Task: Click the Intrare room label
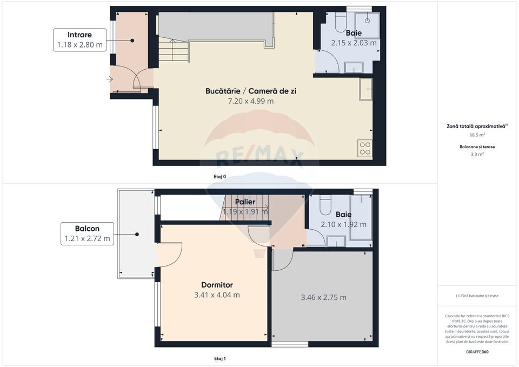(x=79, y=35)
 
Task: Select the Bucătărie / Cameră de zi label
(x=250, y=91)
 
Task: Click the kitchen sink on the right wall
(x=366, y=89)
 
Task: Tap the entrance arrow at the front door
(x=110, y=79)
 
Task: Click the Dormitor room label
(x=217, y=284)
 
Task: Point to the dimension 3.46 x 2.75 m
(x=323, y=297)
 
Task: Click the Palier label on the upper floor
(x=245, y=202)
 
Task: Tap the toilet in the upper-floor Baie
(x=325, y=206)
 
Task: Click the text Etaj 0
(x=220, y=176)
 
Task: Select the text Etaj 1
(x=220, y=358)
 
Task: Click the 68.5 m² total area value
(x=477, y=135)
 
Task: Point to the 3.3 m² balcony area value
(x=477, y=154)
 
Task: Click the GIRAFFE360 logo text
(x=477, y=352)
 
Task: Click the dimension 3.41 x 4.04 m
(x=217, y=295)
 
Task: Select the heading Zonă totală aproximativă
(x=476, y=125)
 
